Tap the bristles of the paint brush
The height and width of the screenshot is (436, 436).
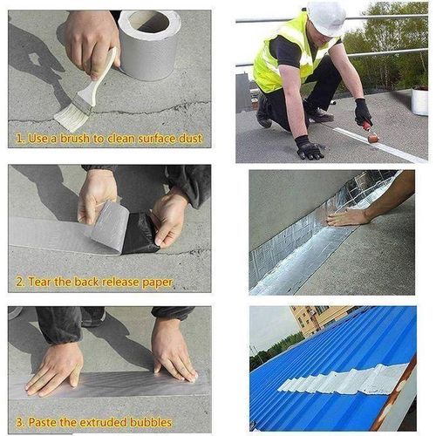pyautogui.click(x=70, y=118)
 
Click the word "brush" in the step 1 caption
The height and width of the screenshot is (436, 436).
pyautogui.click(x=75, y=139)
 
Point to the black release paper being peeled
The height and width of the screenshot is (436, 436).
pyautogui.click(x=140, y=234)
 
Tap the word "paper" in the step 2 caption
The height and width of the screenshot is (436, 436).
pyautogui.click(x=157, y=283)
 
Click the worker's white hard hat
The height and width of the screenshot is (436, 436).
pyautogui.click(x=327, y=17)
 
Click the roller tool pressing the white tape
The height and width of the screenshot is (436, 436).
pyautogui.click(x=371, y=133)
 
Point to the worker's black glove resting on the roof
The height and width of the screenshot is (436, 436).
pyautogui.click(x=309, y=147)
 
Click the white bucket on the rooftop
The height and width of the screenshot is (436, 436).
pyautogui.click(x=419, y=102)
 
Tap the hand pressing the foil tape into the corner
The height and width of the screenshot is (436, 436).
pyautogui.click(x=349, y=217)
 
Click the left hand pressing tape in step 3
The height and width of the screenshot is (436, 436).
pyautogui.click(x=55, y=369)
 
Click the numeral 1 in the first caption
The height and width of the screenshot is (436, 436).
pyautogui.click(x=19, y=139)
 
